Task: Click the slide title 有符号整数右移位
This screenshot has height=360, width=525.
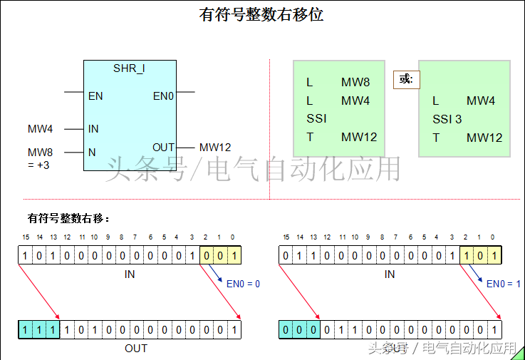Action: (261, 14)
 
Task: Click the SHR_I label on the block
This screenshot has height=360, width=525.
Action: (130, 68)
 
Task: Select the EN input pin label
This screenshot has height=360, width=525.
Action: (95, 96)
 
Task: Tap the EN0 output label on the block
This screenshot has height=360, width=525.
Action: (164, 96)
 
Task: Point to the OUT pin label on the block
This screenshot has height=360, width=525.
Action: (164, 148)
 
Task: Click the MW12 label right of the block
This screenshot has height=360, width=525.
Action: (215, 148)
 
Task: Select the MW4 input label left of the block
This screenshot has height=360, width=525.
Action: (41, 129)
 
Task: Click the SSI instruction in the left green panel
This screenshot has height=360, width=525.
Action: (316, 118)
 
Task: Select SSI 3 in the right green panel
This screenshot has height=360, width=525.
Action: (447, 119)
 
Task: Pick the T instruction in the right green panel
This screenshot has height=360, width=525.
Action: (436, 138)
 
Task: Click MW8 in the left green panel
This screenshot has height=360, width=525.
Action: (355, 83)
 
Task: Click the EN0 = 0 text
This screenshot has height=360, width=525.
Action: (243, 284)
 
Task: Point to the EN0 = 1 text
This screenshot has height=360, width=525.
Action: (503, 284)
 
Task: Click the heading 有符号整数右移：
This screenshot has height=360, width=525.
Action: (68, 218)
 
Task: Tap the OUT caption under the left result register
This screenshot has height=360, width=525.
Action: (136, 348)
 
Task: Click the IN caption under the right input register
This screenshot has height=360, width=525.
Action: (390, 274)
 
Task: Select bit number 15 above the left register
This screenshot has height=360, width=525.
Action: (26, 237)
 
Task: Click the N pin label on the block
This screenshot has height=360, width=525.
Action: (92, 152)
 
